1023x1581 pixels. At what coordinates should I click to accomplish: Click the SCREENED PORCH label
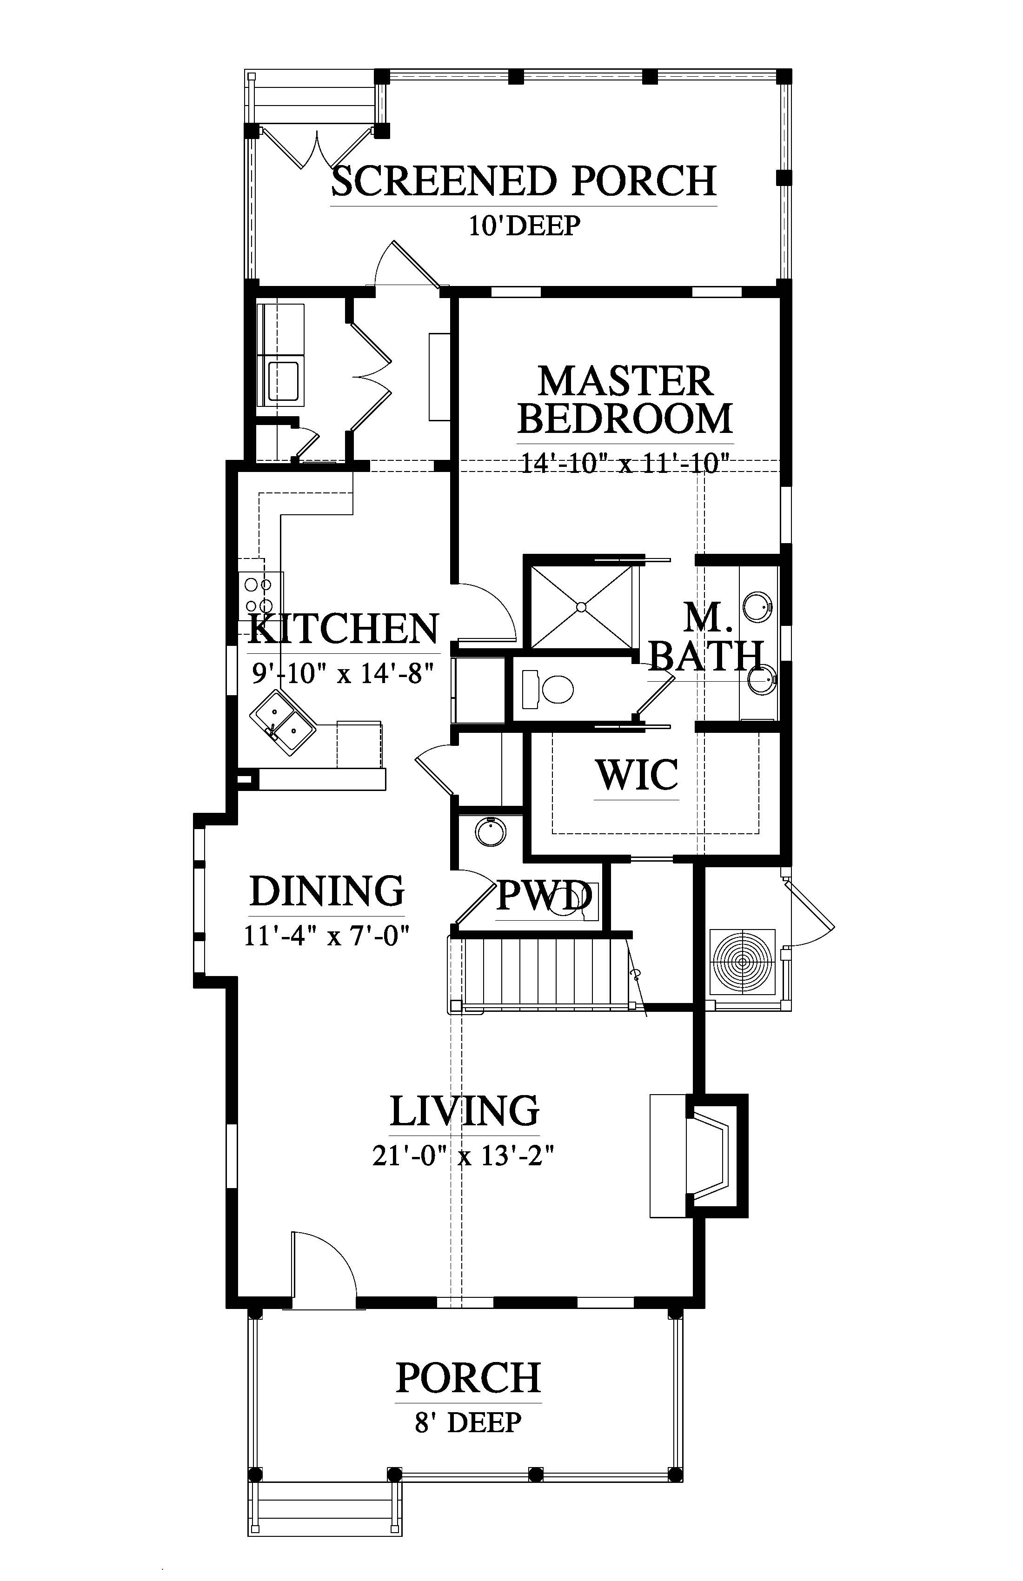[x=524, y=181]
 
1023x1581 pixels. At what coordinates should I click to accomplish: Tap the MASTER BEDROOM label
[x=625, y=400]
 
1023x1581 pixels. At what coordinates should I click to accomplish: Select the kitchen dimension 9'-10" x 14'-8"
[x=343, y=674]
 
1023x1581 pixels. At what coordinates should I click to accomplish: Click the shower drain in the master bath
[x=581, y=606]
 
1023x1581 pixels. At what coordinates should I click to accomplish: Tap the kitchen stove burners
[x=258, y=595]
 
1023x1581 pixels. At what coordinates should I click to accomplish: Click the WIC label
[x=637, y=775]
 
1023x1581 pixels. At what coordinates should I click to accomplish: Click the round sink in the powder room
[x=491, y=831]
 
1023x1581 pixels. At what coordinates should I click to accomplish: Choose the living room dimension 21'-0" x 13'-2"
[x=463, y=1156]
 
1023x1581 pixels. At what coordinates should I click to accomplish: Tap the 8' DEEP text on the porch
[x=468, y=1422]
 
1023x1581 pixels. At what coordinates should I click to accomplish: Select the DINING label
[x=327, y=891]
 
